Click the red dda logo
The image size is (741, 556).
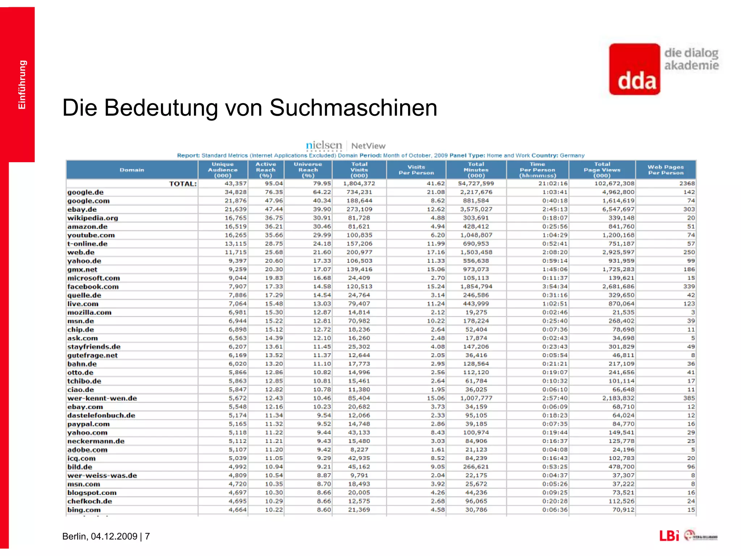(x=634, y=69)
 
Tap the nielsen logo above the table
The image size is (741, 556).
(x=324, y=146)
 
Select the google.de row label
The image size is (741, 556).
(x=85, y=192)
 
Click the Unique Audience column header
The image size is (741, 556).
(x=223, y=170)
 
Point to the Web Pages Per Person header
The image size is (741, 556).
(x=665, y=170)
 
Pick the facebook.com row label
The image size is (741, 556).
(x=93, y=287)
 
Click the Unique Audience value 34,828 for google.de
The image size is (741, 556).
(x=236, y=192)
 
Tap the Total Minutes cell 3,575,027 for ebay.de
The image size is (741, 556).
(x=476, y=209)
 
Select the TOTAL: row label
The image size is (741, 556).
(x=183, y=184)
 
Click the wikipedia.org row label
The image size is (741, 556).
(x=93, y=218)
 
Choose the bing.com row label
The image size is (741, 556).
(x=84, y=510)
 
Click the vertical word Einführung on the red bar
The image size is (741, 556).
(x=22, y=85)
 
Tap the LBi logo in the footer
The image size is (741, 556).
(x=669, y=536)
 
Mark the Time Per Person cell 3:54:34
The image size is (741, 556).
(x=555, y=287)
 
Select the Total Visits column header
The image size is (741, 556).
(x=359, y=170)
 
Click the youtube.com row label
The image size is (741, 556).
(x=91, y=235)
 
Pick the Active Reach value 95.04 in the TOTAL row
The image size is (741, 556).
(x=274, y=184)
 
